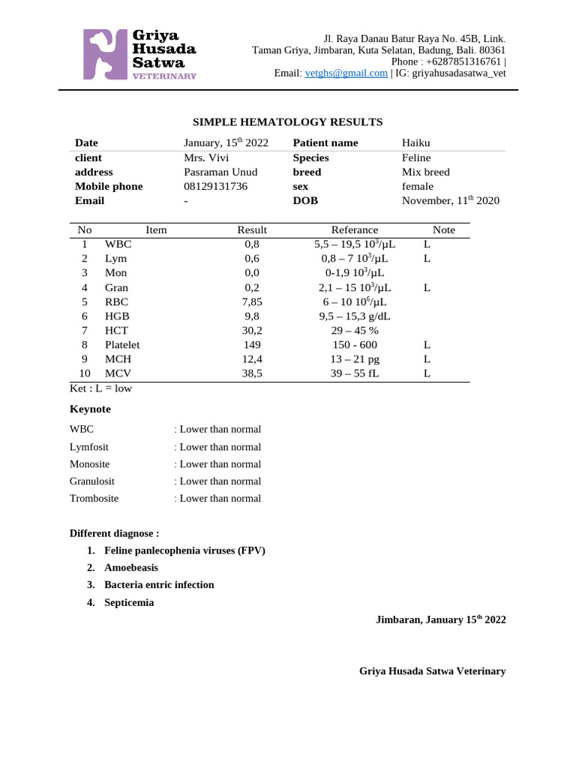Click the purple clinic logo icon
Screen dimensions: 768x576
click(x=105, y=54)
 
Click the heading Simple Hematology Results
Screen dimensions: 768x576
click(x=288, y=121)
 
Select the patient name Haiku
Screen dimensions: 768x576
click(x=416, y=142)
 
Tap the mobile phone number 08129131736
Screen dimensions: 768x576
click(x=215, y=186)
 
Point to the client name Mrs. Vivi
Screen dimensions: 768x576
click(x=206, y=157)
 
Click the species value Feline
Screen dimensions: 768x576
click(x=416, y=157)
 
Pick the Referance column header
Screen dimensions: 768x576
click(x=355, y=230)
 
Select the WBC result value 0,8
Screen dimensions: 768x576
click(x=252, y=244)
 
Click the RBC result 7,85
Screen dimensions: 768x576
click(x=252, y=301)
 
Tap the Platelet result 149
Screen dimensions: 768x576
click(x=252, y=344)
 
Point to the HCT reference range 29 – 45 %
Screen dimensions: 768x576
click(x=355, y=330)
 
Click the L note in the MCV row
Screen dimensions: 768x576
click(x=427, y=373)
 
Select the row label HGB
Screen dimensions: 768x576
click(x=117, y=316)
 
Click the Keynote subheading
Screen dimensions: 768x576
click(x=90, y=409)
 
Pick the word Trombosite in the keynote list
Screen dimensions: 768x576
click(x=94, y=498)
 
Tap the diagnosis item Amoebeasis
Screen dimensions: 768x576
click(x=131, y=568)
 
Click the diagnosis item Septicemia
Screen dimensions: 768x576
click(x=129, y=602)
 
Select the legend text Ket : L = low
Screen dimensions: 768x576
click(x=100, y=388)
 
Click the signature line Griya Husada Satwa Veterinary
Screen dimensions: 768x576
click(x=432, y=671)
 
